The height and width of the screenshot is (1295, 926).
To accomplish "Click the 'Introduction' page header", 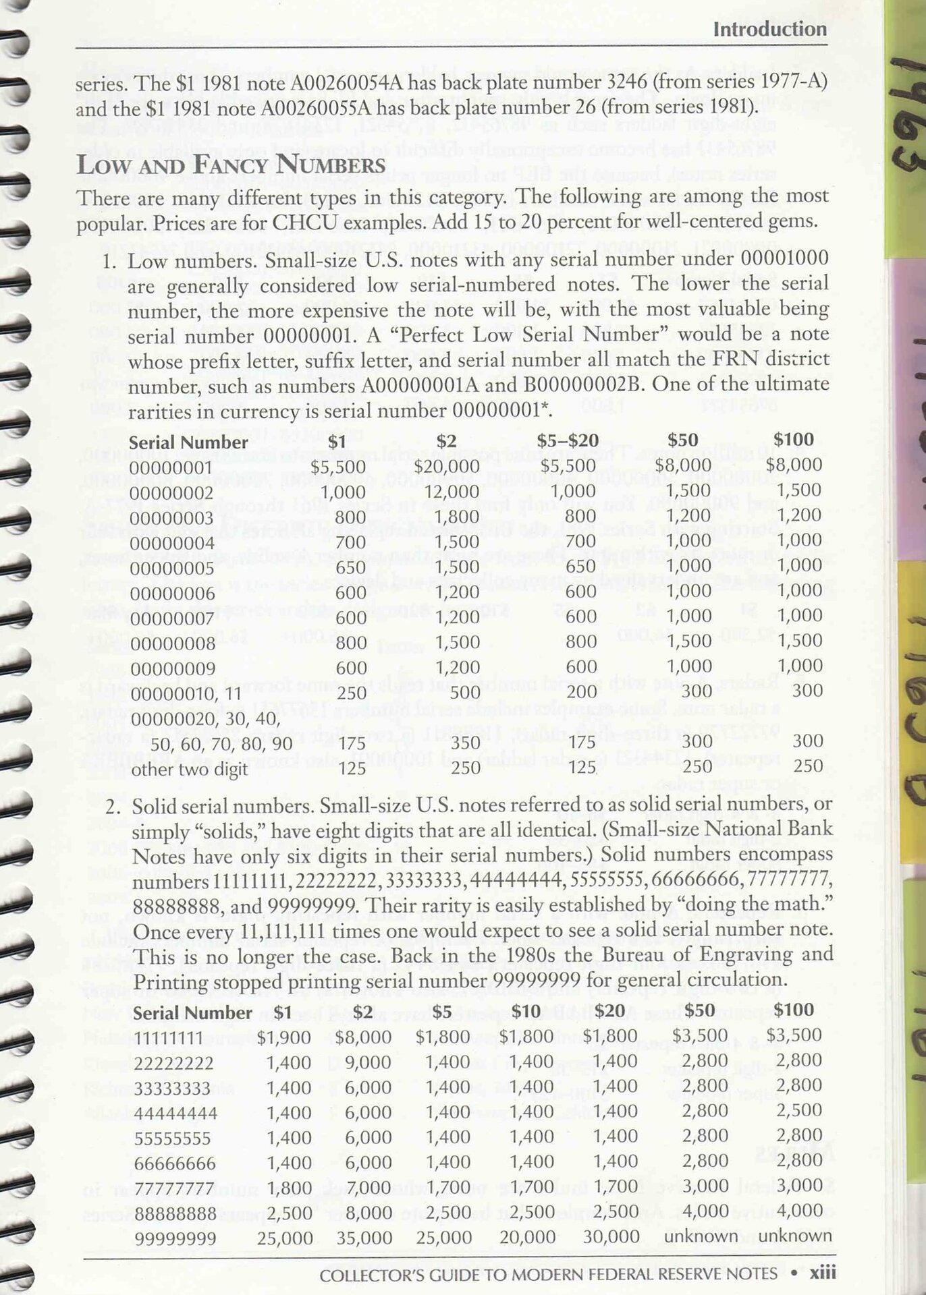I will (769, 29).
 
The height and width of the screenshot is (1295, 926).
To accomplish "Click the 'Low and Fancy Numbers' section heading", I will (231, 165).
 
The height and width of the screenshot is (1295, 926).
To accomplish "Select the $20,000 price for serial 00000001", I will (447, 466).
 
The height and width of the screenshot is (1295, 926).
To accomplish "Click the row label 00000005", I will (171, 569).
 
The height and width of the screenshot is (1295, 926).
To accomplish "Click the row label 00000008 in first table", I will (171, 643).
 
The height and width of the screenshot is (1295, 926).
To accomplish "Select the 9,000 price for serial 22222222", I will (368, 1062).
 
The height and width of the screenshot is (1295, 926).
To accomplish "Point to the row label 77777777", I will (175, 1188).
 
